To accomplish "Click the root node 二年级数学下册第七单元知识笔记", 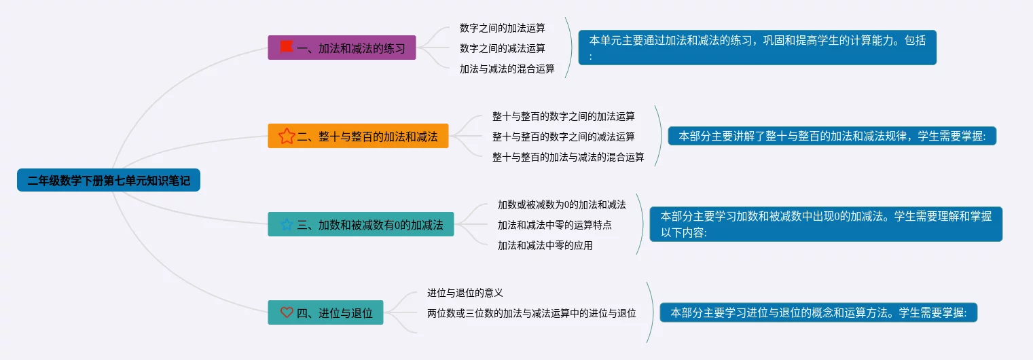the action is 109,180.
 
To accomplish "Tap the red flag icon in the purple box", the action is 287,47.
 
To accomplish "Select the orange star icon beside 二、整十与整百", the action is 287,136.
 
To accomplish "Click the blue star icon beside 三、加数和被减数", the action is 287,224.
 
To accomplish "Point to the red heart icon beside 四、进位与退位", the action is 287,312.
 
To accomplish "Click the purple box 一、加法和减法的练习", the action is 342,48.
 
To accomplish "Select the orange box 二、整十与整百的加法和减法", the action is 358,136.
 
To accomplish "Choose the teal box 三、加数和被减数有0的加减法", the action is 361,224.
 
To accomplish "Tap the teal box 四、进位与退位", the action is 325,312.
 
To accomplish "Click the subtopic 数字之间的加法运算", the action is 502,28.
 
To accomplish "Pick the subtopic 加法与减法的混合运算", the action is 507,69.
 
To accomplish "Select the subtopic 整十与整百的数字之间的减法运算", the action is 563,137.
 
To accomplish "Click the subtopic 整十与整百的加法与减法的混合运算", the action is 568,157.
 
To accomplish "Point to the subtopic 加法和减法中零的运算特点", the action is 554,225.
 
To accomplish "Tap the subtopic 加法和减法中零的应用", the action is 545,245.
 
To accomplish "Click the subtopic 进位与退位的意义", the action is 465,293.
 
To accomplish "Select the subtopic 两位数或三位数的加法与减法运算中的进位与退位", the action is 531,313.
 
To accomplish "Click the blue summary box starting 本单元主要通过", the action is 757,48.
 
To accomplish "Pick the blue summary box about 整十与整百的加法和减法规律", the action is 832,136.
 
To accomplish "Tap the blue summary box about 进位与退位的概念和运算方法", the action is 818,312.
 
